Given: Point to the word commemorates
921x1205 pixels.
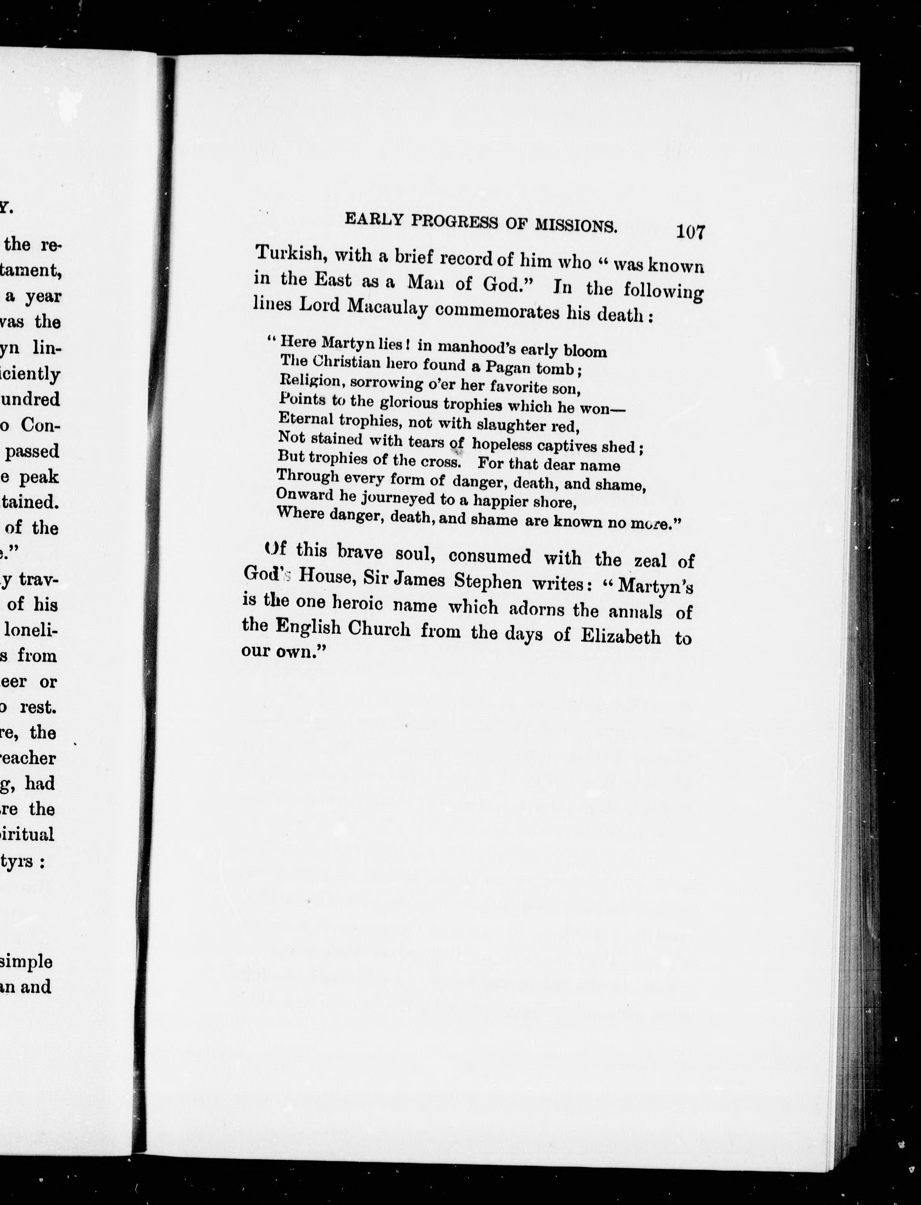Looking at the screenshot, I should point(497,312).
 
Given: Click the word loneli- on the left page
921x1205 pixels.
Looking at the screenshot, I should point(30,630).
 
